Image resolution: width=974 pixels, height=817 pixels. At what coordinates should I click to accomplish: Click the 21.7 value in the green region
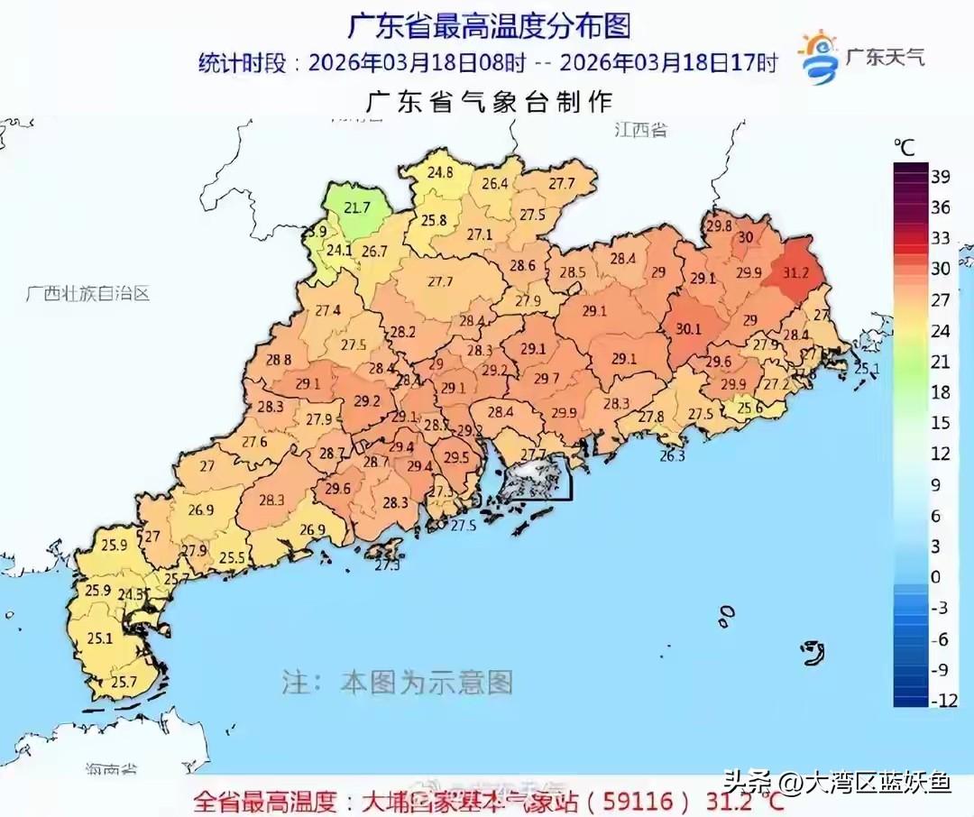[x=357, y=207]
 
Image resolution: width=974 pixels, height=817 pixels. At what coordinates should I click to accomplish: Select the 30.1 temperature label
[x=688, y=329]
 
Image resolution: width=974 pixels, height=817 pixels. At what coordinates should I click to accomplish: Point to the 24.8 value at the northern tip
[x=440, y=171]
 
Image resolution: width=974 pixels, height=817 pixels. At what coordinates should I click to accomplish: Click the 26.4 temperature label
[x=494, y=183]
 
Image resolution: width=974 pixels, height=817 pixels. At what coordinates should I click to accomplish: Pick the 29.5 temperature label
[x=456, y=458]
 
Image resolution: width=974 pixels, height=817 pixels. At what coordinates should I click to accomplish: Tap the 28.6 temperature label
[x=522, y=266]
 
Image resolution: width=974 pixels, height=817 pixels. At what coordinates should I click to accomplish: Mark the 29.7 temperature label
[x=546, y=379]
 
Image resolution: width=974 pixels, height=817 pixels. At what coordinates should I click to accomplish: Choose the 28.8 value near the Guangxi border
[x=279, y=359]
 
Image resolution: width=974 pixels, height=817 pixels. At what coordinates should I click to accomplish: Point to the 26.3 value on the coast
[x=673, y=456]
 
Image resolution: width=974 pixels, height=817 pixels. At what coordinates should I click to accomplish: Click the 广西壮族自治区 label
[x=87, y=293]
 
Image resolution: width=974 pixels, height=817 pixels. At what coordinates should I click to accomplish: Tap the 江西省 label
[x=640, y=130]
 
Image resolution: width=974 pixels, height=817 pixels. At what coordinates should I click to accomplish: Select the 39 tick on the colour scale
[x=940, y=177]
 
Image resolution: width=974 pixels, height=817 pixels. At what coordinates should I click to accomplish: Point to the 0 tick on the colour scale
[x=934, y=576]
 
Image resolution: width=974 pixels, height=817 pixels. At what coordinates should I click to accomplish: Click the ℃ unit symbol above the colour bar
[x=904, y=146]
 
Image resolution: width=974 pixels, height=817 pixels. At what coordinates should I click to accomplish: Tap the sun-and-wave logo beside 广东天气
[x=819, y=58]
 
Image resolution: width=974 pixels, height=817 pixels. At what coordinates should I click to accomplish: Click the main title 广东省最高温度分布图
[x=488, y=26]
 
